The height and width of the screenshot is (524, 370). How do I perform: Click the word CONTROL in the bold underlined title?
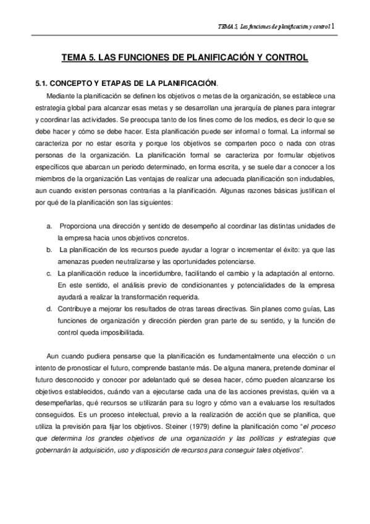click(x=285, y=58)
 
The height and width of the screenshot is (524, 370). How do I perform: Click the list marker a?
click(x=49, y=227)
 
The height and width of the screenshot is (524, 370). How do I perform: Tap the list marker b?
click(x=49, y=250)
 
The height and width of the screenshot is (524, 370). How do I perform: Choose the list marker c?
click(x=49, y=273)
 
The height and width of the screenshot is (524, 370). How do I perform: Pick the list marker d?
click(x=49, y=306)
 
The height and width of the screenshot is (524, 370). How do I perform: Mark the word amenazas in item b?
click(x=72, y=261)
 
